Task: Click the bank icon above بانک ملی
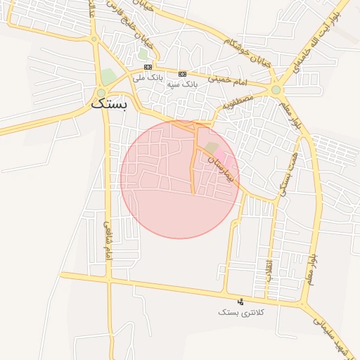pyautogui.click(x=148, y=67)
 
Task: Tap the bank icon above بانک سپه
pyautogui.click(x=183, y=74)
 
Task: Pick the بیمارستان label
pyautogui.click(x=217, y=168)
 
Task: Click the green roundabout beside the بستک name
pyautogui.click(x=101, y=92)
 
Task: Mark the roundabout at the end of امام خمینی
pyautogui.click(x=276, y=90)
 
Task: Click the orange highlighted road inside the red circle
pyautogui.click(x=193, y=162)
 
